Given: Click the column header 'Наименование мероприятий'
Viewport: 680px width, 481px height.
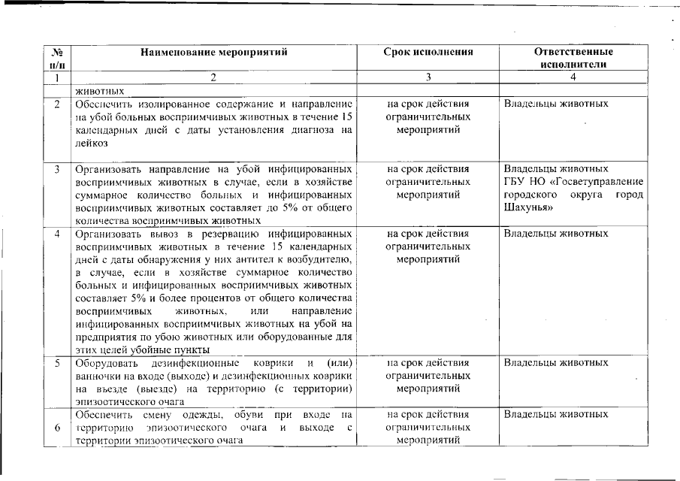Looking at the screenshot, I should [213, 52].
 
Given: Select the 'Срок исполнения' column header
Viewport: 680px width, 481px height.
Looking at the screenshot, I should [428, 52].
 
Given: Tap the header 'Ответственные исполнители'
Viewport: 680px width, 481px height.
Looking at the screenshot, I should [573, 58].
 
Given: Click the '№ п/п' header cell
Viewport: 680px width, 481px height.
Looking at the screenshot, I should [57, 58].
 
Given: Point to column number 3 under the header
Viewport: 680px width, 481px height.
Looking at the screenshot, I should [428, 77].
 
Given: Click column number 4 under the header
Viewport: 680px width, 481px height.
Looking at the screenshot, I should [573, 77].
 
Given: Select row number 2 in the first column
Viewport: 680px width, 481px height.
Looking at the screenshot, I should [57, 104].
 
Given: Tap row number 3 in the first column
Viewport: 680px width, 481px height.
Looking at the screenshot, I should [57, 168].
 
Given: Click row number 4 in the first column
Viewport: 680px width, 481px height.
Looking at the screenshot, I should [57, 233].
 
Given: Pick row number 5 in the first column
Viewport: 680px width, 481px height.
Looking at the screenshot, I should [57, 363].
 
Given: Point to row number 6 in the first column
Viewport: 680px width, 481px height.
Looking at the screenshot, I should [57, 428].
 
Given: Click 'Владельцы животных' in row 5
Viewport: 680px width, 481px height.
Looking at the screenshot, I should [555, 363].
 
